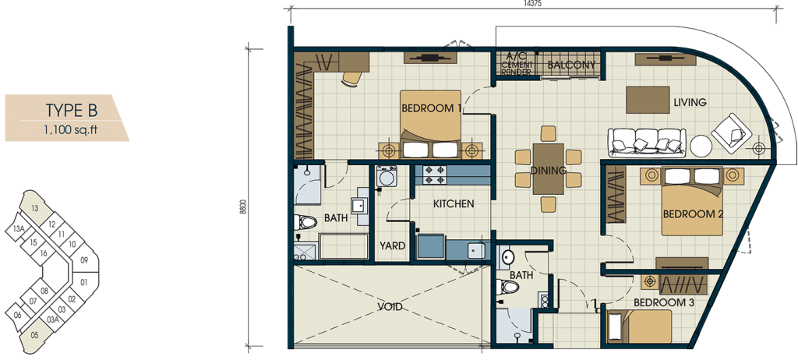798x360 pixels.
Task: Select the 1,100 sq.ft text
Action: point(70,129)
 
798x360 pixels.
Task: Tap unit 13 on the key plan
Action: point(34,208)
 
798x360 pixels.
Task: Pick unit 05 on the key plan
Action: point(34,334)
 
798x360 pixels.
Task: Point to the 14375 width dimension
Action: point(531,3)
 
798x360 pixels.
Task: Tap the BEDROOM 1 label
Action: point(431,108)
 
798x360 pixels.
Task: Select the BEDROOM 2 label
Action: point(693,214)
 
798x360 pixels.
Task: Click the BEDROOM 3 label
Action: point(664,302)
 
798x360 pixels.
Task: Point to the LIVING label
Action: point(690,102)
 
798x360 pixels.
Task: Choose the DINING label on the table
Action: point(548,171)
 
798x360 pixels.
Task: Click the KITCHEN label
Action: point(454,204)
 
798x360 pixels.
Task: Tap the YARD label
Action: point(393,246)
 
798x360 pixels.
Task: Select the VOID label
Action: point(390,306)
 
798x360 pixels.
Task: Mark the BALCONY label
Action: point(571,65)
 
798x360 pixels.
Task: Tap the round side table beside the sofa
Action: point(701,146)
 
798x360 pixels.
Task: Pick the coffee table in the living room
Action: point(648,100)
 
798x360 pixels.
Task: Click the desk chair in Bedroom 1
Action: point(351,79)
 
